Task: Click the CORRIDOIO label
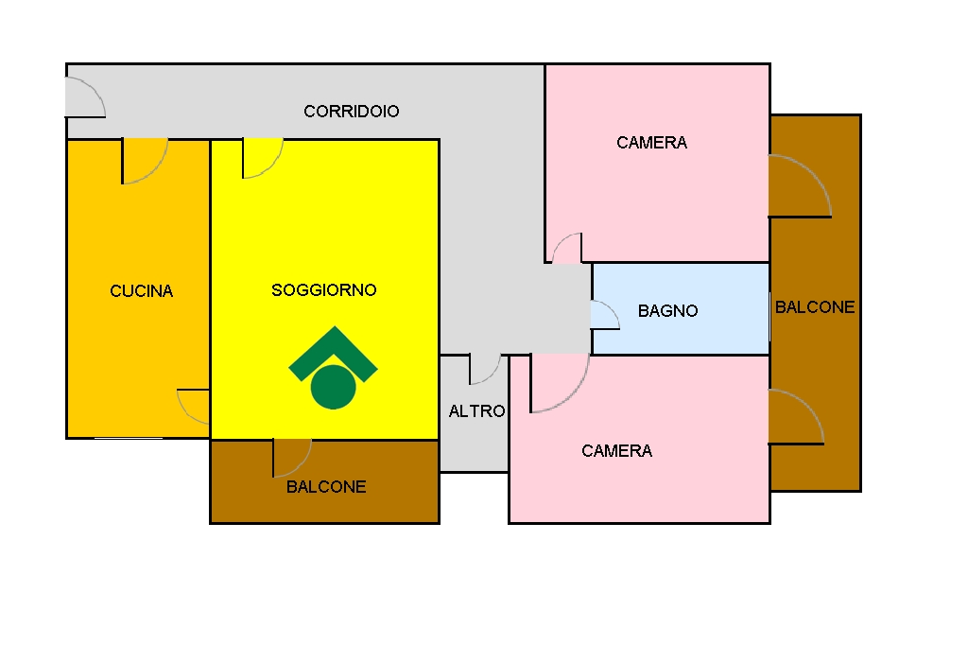pos(352,112)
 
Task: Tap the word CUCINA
pos(142,291)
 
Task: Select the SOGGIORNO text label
pos(324,289)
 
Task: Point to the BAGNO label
pos(668,311)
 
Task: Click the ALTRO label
pos(476,411)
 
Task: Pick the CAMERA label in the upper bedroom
pos(652,143)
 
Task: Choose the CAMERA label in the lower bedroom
pos(616,451)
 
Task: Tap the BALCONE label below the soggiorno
pos(326,487)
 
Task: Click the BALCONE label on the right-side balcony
pos(815,307)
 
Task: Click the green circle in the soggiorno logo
pos(334,387)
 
